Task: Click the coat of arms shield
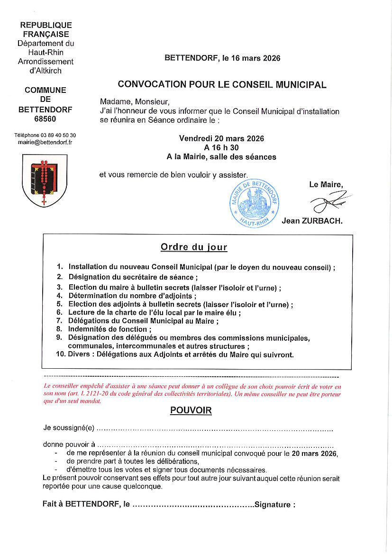pos(45,180)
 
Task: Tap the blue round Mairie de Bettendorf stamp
pos(254,202)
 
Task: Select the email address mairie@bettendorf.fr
pos(45,142)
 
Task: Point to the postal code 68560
pos(45,119)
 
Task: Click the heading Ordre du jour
pos(194,247)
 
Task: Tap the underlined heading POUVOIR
pos(191,410)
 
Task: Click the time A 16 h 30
pos(221,147)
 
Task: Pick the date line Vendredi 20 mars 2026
pos(221,138)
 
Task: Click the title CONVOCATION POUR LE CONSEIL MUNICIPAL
pos(222,85)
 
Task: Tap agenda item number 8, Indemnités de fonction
pos(110,329)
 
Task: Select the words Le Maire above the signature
pos(326,184)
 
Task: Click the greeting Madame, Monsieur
pos(135,102)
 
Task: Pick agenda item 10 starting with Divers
pos(181,354)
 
